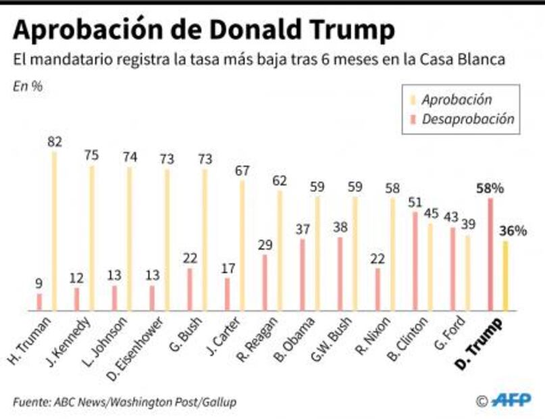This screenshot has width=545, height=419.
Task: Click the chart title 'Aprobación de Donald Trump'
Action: click(203, 30)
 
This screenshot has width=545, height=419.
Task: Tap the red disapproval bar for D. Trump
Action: click(490, 254)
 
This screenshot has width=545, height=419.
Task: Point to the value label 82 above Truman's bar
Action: click(55, 141)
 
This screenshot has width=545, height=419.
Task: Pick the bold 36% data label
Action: click(513, 230)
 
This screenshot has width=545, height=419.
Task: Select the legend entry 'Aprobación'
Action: click(456, 99)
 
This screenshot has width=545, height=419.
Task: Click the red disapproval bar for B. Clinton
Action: click(415, 261)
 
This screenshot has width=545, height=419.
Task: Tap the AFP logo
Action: click(511, 400)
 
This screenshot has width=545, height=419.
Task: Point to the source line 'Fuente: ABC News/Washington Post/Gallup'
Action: click(124, 401)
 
